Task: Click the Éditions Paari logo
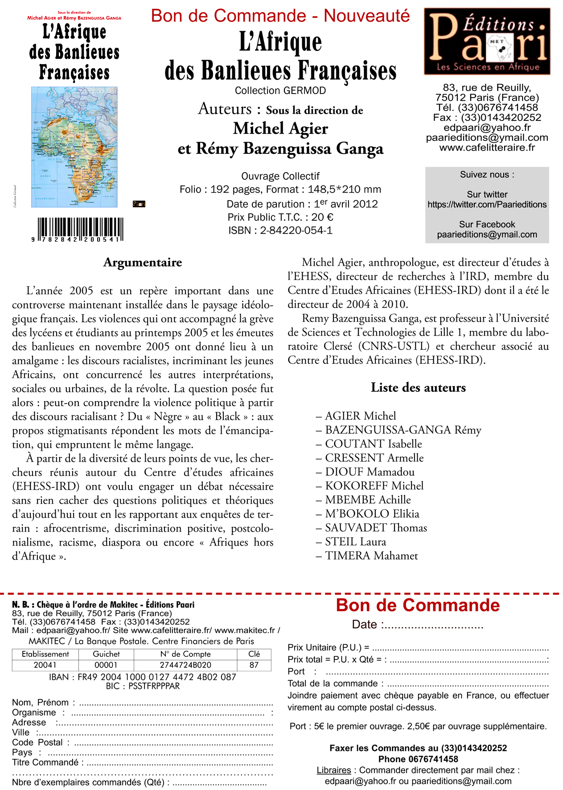click(x=487, y=41)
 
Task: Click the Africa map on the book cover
click(x=74, y=147)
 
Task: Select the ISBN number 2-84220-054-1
click(x=296, y=230)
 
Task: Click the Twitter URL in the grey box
click(x=487, y=205)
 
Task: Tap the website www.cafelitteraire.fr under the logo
click(x=487, y=148)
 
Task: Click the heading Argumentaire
click(x=143, y=262)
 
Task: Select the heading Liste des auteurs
click(x=418, y=387)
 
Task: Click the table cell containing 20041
click(x=45, y=665)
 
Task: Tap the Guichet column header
click(x=106, y=654)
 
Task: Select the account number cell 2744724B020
click(x=185, y=665)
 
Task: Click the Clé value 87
click(x=254, y=665)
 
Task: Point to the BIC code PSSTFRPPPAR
click(x=154, y=686)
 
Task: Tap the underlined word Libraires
click(x=334, y=770)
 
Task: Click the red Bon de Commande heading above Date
click(x=418, y=605)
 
